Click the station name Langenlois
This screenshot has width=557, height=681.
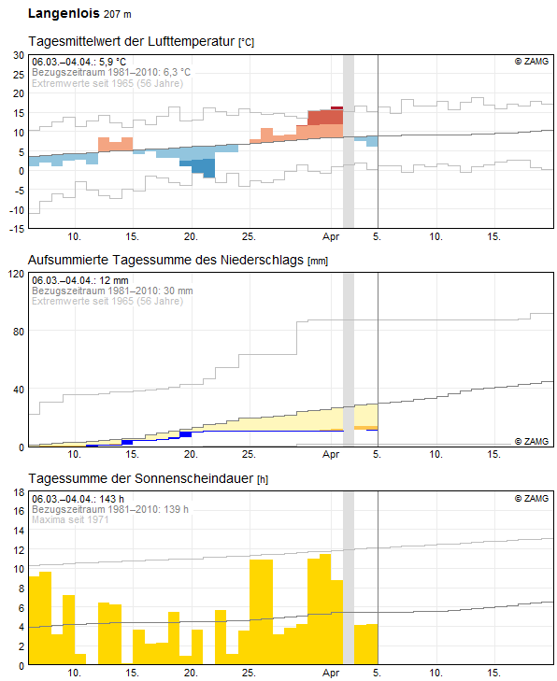point(64,14)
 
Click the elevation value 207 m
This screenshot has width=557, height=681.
point(118,14)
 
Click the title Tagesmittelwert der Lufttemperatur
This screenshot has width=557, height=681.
point(132,41)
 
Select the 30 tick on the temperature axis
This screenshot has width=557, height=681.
point(19,55)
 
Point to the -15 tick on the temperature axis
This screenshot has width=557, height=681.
point(17,229)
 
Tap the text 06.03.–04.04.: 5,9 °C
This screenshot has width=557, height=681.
point(79,62)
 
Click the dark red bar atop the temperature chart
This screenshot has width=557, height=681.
point(336,108)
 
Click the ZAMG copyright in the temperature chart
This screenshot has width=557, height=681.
point(532,62)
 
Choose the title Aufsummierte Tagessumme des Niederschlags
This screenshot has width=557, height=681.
point(165,260)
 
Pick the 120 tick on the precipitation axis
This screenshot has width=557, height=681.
point(17,274)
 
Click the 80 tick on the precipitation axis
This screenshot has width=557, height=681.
point(19,332)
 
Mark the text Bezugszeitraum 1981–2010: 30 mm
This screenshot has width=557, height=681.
point(112,291)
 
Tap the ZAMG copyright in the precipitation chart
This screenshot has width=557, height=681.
point(532,441)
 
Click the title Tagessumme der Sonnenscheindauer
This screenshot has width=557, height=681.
point(141,478)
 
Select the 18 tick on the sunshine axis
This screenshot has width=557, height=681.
point(19,492)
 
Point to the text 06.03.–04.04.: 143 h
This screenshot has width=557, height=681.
point(78,499)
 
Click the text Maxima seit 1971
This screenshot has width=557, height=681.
point(70,519)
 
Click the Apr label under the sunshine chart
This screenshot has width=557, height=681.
point(331,673)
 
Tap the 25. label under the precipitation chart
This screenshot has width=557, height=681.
point(249,454)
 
